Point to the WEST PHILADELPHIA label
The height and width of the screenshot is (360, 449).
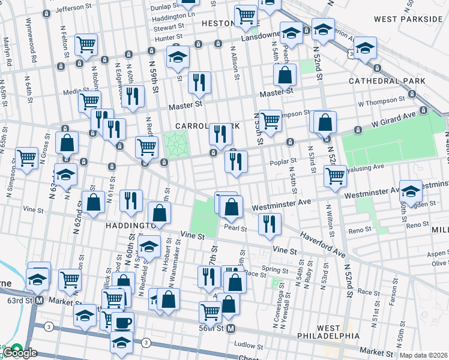tap(329, 332)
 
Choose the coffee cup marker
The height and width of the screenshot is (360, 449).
tap(123, 323)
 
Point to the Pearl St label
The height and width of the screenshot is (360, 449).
tap(235, 228)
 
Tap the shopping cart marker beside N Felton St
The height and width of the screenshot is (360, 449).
tap(86, 44)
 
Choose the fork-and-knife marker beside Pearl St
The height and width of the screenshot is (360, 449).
tap(270, 224)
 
